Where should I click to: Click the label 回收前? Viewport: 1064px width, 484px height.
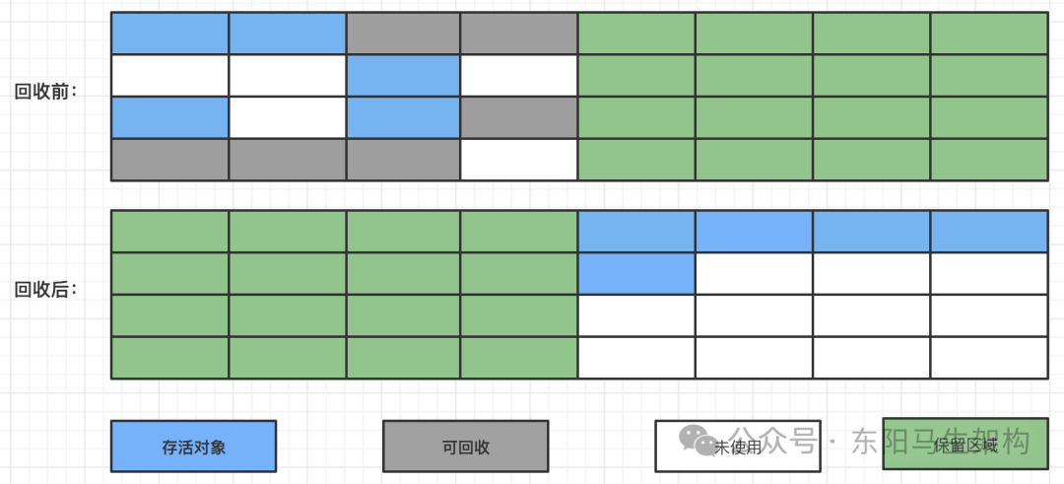tap(44, 93)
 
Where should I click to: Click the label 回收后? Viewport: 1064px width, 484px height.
tap(44, 290)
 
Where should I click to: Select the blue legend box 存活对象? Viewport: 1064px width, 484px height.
tap(193, 447)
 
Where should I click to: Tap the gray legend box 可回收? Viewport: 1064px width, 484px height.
tap(465, 447)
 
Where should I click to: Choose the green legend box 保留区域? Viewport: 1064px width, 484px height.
tap(964, 447)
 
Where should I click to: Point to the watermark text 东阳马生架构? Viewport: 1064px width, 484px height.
tap(941, 441)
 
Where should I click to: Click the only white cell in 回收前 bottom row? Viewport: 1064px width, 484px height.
tap(518, 160)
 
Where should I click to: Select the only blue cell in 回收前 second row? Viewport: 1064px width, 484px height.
tap(403, 76)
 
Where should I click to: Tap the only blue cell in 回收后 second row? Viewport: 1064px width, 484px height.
tap(636, 273)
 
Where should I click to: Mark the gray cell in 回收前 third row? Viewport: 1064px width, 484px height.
tap(518, 117)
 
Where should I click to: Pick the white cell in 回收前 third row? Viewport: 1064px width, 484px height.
tap(288, 117)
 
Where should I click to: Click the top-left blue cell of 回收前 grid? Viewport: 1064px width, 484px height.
tap(169, 34)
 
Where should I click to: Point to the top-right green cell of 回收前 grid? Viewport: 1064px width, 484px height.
tap(988, 34)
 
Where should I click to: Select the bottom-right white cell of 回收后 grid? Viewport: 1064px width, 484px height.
tap(988, 357)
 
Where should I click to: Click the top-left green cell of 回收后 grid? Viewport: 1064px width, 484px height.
tap(169, 232)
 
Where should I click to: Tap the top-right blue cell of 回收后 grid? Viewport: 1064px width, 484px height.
tap(988, 232)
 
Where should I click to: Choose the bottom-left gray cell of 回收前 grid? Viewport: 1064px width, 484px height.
tap(169, 160)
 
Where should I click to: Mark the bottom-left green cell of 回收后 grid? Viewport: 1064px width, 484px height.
tap(169, 357)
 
